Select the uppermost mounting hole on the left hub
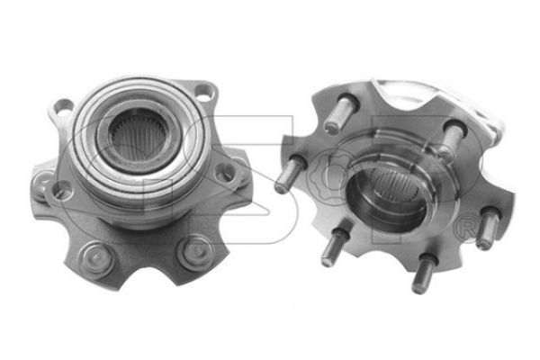204,92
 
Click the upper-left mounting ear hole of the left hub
64,106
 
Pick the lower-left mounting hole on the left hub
62,191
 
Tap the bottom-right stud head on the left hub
196,252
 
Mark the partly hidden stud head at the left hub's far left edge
40,184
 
